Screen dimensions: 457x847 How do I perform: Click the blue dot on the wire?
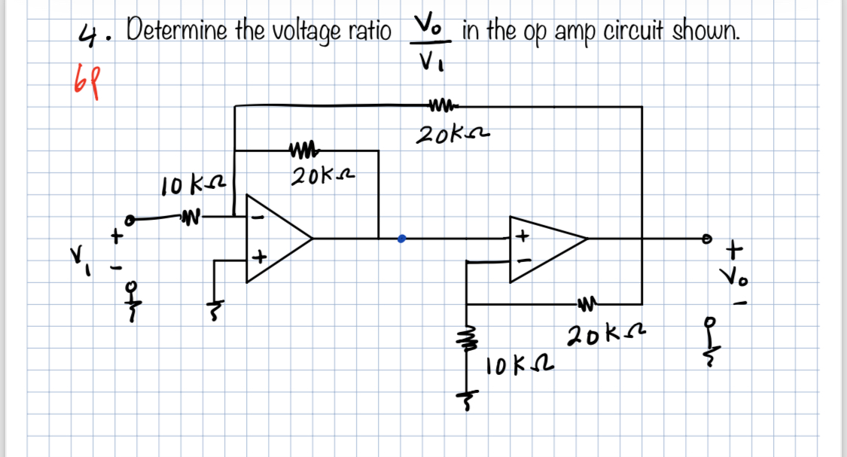[402, 239]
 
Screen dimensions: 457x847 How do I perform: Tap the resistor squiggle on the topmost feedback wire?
[439, 106]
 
